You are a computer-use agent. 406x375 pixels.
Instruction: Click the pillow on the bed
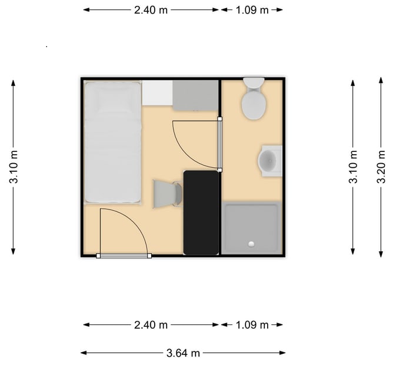112,98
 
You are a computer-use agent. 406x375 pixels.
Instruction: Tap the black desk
201,212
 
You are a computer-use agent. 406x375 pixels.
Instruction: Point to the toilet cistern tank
254,82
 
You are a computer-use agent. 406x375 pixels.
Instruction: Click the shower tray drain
252,243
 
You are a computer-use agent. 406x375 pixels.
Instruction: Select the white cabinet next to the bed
157,93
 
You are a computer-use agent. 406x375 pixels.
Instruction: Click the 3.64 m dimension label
183,353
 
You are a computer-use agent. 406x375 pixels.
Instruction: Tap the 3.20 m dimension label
381,168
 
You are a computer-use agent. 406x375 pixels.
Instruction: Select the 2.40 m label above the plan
151,10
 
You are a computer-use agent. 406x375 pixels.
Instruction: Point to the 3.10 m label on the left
14,168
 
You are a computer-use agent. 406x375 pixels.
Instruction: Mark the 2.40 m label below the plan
151,325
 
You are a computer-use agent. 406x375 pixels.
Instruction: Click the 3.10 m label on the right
353,168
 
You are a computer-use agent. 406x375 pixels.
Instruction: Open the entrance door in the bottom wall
124,255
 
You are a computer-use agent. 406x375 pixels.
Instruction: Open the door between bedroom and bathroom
219,144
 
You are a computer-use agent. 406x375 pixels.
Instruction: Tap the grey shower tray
252,227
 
